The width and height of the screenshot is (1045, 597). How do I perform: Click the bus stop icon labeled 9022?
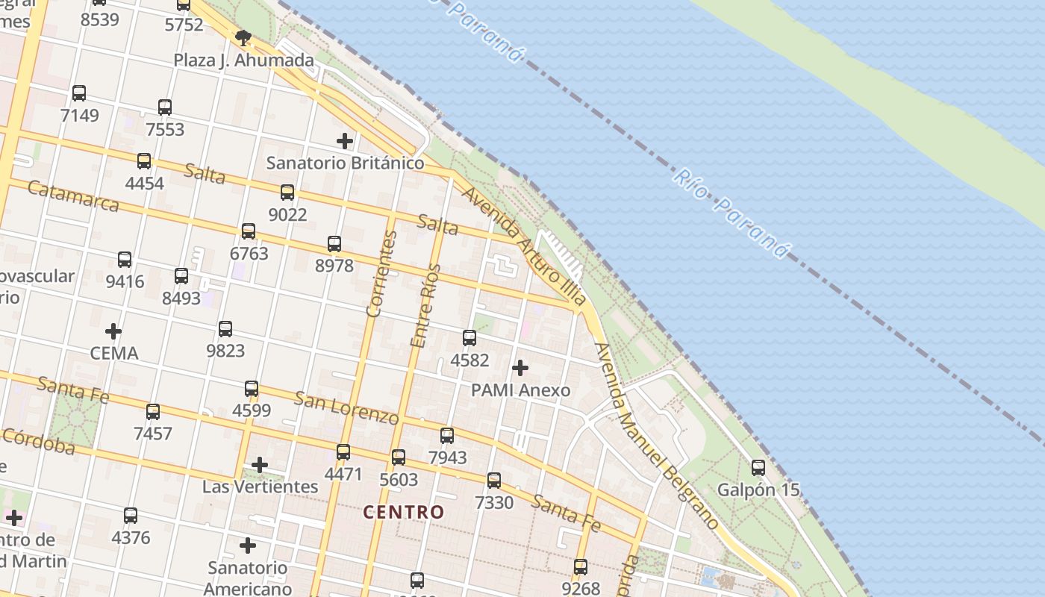287,193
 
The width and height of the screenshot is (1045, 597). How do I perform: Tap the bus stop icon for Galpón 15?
758,468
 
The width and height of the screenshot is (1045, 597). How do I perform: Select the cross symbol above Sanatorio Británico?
345,140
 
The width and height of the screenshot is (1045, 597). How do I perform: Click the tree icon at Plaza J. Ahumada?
243,38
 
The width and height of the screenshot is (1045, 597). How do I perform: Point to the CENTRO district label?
404,513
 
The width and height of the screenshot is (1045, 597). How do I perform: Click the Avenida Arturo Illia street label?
523,247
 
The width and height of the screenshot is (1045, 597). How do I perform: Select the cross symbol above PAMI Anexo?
520,368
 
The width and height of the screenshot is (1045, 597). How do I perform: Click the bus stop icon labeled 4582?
470,338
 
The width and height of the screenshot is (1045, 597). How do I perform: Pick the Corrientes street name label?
381,274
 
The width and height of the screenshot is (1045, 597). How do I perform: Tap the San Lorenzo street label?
346,407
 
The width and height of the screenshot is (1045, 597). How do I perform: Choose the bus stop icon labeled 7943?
447,435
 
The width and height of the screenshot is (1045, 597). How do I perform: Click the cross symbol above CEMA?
113,331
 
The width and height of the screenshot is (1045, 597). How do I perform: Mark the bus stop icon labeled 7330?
494,480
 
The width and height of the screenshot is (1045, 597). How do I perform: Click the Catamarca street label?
73,196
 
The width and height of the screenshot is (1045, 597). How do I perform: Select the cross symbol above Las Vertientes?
260,465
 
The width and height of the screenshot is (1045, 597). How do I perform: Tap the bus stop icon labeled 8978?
334,243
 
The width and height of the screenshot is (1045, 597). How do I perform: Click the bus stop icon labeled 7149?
79,93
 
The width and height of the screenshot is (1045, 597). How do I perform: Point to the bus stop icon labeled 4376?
131,515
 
